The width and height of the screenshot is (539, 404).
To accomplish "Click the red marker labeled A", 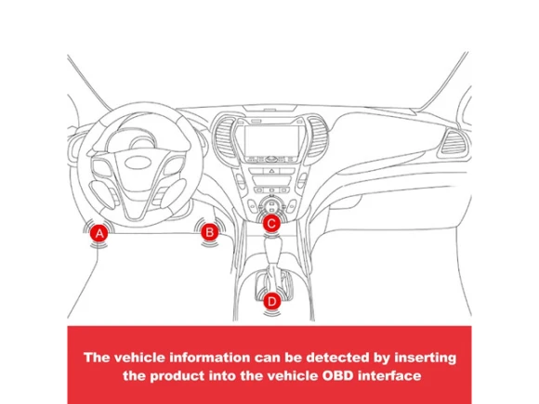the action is tap(99, 234).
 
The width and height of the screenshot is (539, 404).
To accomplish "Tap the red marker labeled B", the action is tap(209, 232).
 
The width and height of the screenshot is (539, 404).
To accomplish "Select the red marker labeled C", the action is tap(271, 224).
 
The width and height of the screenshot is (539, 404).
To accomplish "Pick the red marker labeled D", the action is tap(271, 302).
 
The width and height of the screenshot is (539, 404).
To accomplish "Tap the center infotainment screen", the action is tap(271, 140).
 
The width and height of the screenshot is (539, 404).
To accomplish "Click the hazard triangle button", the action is tap(271, 171).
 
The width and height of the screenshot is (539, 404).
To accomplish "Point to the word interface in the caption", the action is tap(389, 375).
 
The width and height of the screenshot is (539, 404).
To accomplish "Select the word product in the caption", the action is tap(177, 376).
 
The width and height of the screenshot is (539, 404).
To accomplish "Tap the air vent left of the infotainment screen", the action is tap(226, 137).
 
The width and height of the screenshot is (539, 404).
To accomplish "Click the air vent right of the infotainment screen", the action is tap(317, 137).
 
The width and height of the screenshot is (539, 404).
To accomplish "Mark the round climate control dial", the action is tap(271, 205).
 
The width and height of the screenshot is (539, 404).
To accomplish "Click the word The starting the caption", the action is tap(97, 358).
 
